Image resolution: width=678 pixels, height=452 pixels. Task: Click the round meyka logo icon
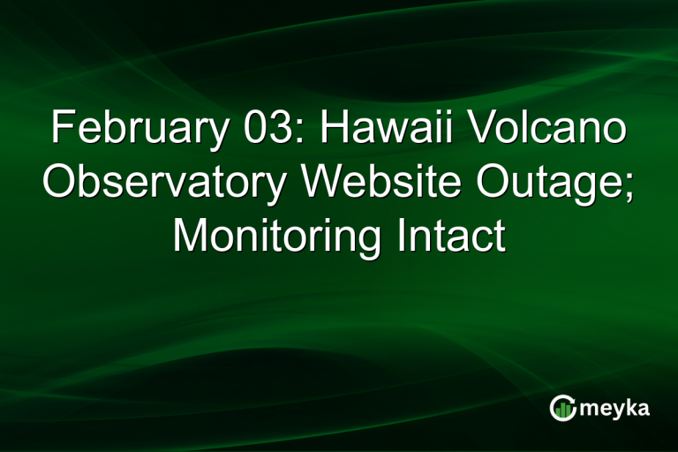(x=561, y=407)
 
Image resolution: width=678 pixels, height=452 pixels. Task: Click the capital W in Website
(x=318, y=184)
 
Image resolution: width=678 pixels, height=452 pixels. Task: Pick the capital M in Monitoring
(x=190, y=237)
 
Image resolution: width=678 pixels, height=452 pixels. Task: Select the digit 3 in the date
(x=277, y=130)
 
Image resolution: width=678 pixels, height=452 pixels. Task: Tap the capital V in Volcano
(x=478, y=130)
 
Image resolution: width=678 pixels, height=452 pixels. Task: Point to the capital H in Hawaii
(x=335, y=130)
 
